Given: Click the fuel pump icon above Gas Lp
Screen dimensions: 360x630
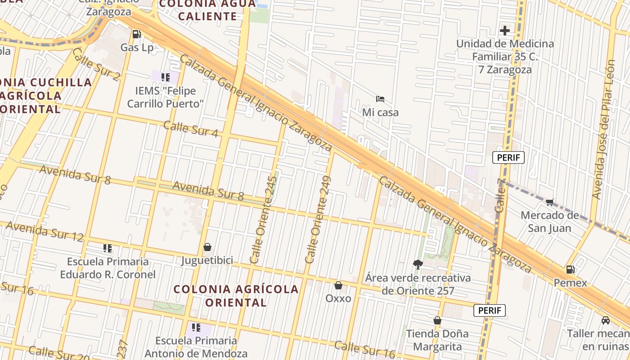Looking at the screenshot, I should click(136, 34).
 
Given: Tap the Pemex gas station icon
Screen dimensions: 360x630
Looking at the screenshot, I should click(570, 270).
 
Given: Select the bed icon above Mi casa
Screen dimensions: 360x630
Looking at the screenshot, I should click(380, 99).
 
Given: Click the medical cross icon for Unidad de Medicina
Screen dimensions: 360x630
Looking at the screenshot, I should click(504, 31).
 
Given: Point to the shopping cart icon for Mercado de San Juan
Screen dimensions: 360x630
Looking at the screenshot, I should click(549, 202).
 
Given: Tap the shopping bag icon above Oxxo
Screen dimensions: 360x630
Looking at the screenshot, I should click(338, 285).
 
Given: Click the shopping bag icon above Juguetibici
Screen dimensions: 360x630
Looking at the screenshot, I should click(207, 247).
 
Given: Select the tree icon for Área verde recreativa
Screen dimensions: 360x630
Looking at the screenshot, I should click(418, 264).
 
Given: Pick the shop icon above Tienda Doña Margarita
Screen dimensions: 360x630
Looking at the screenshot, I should click(437, 320).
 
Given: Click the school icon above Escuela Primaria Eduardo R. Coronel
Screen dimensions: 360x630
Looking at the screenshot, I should click(107, 248).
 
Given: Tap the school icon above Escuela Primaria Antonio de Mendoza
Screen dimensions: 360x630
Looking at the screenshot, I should click(196, 327).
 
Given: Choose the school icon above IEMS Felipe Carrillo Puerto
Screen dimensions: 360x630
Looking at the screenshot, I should click(166, 77).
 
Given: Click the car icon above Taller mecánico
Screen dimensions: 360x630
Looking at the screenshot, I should click(605, 320).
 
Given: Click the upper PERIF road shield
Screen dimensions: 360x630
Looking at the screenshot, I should click(508, 157).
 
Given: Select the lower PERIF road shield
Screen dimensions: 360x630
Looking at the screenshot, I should click(490, 310).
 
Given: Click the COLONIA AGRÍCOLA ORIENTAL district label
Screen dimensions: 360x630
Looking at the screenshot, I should click(236, 296).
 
